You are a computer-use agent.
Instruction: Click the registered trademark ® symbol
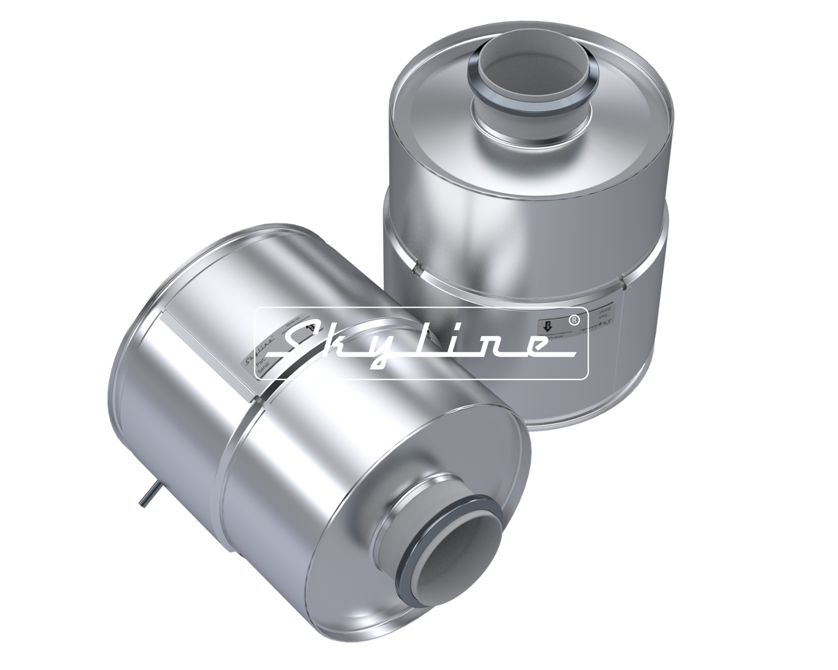(x=573, y=322)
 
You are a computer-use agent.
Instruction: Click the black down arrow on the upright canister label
(x=548, y=326)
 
